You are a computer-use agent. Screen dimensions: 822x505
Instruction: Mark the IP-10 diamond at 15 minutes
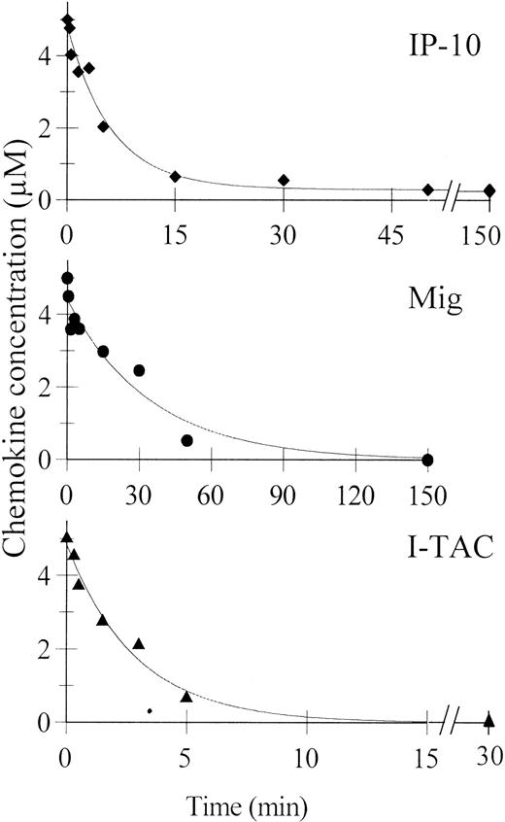point(176,177)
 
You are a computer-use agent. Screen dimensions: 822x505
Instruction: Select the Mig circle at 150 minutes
point(428,460)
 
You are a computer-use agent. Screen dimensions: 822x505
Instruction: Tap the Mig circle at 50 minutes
point(187,440)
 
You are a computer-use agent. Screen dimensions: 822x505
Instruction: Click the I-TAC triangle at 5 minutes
point(186,696)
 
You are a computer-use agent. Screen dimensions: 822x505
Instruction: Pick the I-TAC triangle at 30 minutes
point(488,720)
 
